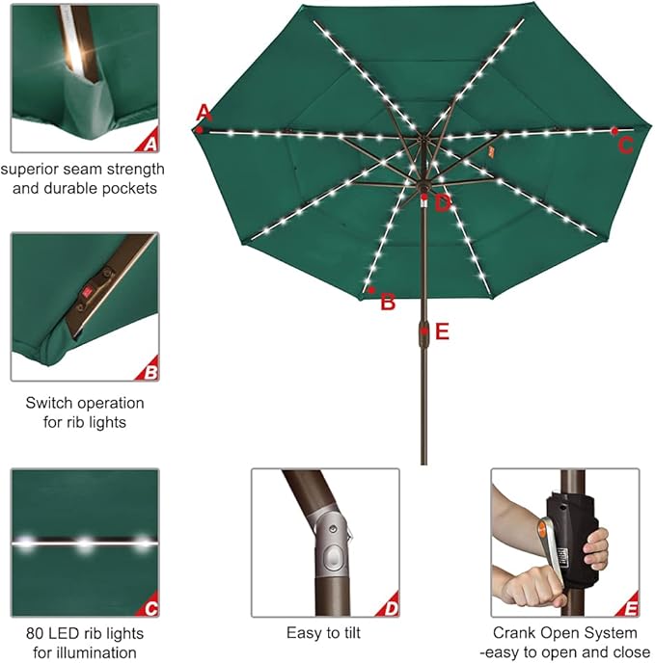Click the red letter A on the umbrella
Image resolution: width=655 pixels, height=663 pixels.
pyautogui.click(x=203, y=112)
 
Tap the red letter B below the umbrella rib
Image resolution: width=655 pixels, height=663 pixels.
pyautogui.click(x=388, y=302)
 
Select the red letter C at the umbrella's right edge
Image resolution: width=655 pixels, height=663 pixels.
pyautogui.click(x=625, y=146)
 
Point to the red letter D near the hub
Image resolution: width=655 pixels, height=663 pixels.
pyautogui.click(x=443, y=202)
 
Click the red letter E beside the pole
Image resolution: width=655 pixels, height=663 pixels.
pyautogui.click(x=442, y=331)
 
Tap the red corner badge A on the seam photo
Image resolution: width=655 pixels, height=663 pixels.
pyautogui.click(x=149, y=144)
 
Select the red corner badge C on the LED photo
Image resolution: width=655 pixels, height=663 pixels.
pyautogui.click(x=150, y=608)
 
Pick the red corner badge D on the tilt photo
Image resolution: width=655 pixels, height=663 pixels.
pyautogui.click(x=390, y=608)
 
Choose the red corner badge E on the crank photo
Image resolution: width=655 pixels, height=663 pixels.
pyautogui.click(x=631, y=608)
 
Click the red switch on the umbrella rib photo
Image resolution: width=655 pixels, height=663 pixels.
pyautogui.click(x=87, y=290)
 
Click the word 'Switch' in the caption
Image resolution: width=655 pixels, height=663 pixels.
pyautogui.click(x=50, y=403)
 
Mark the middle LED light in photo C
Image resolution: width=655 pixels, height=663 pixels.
pyautogui.click(x=86, y=543)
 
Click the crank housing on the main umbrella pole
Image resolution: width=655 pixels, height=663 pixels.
pyautogui.click(x=423, y=331)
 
